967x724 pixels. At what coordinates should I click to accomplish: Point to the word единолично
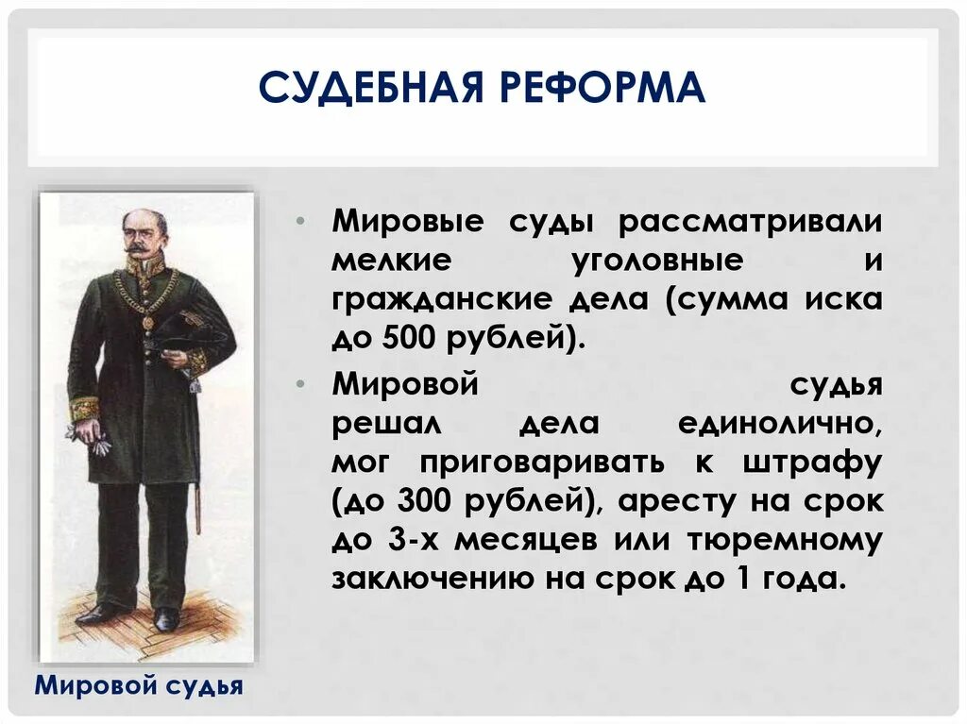click(780, 424)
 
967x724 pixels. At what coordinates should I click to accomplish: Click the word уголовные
click(657, 261)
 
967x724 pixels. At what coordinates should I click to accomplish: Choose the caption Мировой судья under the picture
click(139, 685)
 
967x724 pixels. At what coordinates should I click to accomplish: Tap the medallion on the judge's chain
click(148, 322)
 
